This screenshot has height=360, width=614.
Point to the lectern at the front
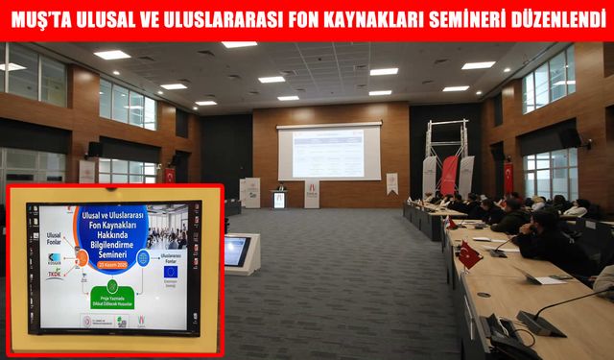[279, 197]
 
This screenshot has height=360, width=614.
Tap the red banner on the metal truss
[449, 175]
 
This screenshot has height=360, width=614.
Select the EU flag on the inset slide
[171, 271]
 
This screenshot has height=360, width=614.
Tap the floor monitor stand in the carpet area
[237, 252]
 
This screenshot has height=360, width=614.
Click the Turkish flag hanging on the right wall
[508, 177]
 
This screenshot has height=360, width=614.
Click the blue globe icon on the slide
[143, 257]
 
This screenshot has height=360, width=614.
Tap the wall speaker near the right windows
[570, 138]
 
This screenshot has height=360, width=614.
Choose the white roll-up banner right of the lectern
[312, 194]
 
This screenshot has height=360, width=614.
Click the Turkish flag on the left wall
[170, 176]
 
